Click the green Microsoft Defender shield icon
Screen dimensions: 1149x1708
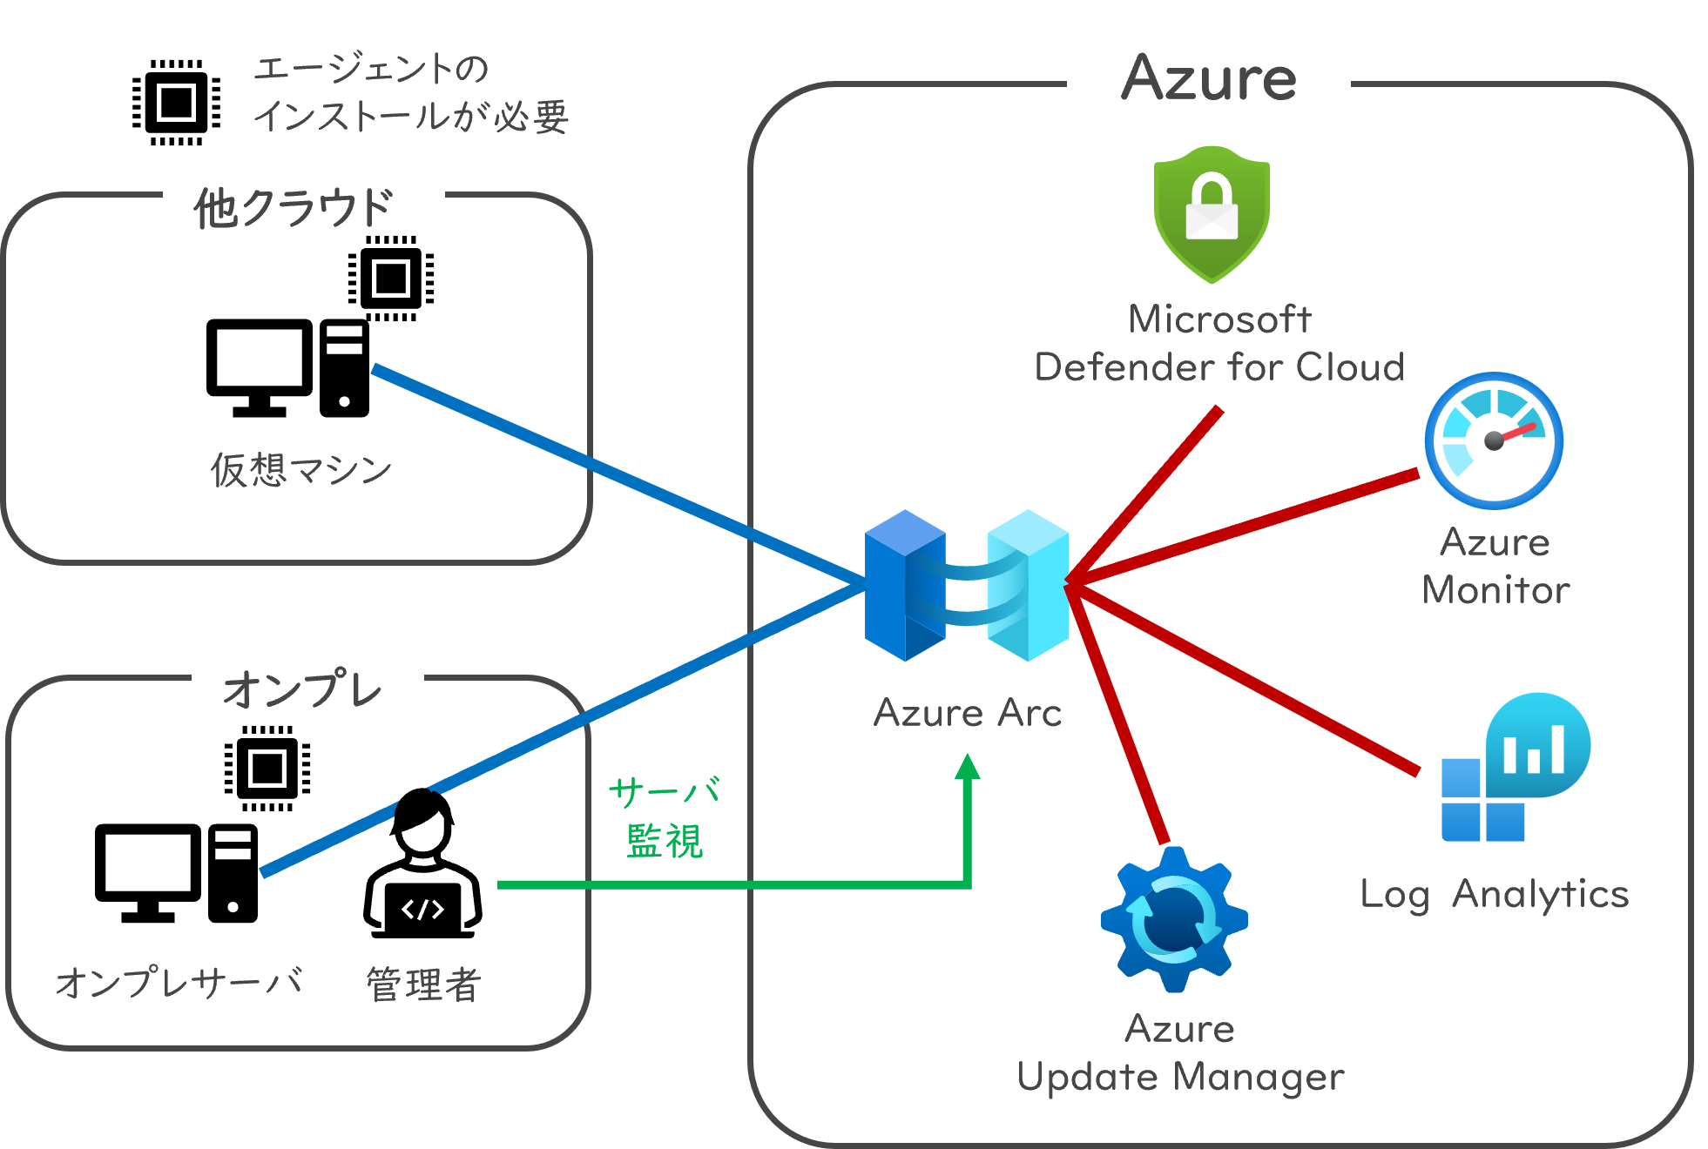(x=1212, y=213)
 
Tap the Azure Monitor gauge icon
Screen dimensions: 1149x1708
(x=1494, y=440)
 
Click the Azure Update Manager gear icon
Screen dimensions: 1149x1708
(x=1174, y=919)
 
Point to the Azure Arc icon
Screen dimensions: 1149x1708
(x=967, y=585)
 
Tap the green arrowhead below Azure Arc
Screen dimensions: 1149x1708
(x=968, y=767)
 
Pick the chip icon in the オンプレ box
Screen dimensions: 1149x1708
(x=267, y=768)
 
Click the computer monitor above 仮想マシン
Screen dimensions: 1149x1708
(x=260, y=366)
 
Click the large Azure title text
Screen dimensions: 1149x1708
(x=1209, y=78)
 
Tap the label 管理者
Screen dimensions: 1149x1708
(x=423, y=984)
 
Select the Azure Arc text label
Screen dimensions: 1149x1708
(x=968, y=713)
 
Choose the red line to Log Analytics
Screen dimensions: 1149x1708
(x=1246, y=679)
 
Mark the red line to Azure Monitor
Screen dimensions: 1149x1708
(x=1246, y=527)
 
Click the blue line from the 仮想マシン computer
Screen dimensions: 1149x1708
(x=610, y=474)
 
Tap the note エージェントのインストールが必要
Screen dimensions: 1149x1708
(x=409, y=92)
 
